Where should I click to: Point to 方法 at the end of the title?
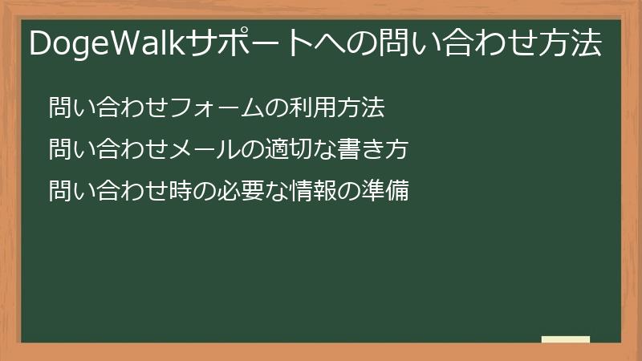(573, 44)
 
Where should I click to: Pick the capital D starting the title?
(40, 44)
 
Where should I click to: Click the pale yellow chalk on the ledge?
(566, 339)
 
